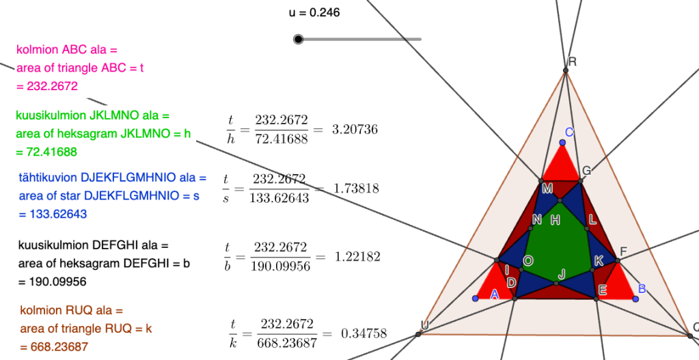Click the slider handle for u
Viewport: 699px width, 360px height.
pos(298,39)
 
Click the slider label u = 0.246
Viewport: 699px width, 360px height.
pos(314,13)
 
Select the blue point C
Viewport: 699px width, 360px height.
pos(562,143)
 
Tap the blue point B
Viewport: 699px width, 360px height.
pos(635,298)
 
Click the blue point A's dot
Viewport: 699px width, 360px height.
pos(476,298)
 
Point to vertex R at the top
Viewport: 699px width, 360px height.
pos(566,70)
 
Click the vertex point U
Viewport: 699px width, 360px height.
pos(418,334)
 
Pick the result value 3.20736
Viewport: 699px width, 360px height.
pos(355,130)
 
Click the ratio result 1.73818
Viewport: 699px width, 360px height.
pos(356,189)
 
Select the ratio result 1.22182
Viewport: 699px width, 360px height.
pos(357,257)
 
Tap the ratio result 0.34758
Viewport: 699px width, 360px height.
pos(364,333)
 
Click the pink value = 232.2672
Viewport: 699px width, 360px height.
pos(47,86)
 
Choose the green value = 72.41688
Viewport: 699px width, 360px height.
pos(46,152)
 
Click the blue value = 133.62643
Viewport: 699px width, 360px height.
pos(53,214)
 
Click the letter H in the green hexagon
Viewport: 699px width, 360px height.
pos(555,220)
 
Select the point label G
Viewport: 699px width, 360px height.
pos(587,171)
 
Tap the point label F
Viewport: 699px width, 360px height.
pos(623,252)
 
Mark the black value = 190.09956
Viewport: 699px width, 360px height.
pos(53,282)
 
